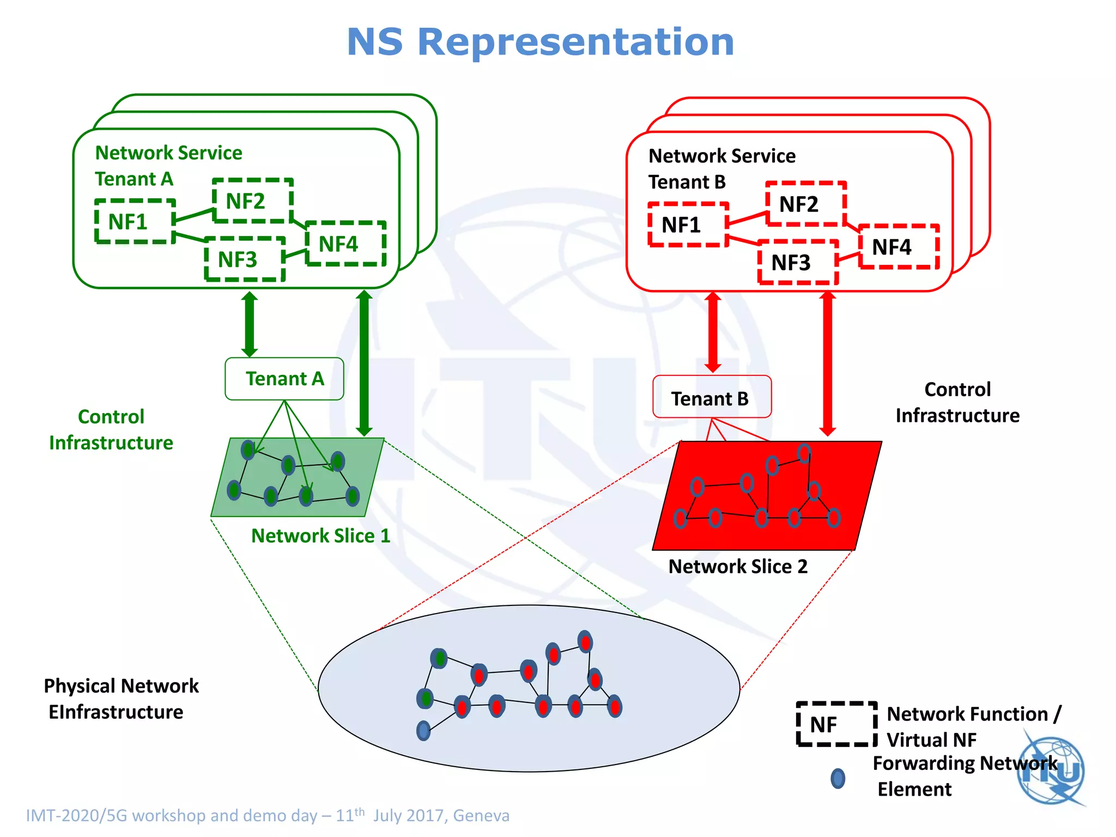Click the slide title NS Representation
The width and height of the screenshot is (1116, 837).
540,42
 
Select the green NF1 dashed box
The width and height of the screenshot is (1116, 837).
135,221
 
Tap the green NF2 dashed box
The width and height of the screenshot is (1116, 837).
252,201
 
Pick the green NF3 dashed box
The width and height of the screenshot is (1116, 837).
245,259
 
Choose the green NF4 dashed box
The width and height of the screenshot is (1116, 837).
345,244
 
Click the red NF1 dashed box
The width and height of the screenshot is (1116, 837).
688,225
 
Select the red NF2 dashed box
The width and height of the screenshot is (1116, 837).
805,204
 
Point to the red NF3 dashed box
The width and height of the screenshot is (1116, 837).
798,263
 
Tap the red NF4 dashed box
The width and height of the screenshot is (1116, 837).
899,247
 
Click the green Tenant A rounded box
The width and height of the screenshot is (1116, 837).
284,379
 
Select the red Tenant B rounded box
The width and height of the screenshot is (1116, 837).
711,397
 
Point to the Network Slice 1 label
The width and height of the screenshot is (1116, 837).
321,536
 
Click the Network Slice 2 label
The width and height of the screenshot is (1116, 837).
738,566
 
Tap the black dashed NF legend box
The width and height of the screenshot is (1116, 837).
836,724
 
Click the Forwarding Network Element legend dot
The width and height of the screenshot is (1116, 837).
838,778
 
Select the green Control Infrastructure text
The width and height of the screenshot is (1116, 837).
111,430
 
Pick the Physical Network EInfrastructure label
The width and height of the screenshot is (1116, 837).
120,699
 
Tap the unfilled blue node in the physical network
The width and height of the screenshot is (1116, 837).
423,730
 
